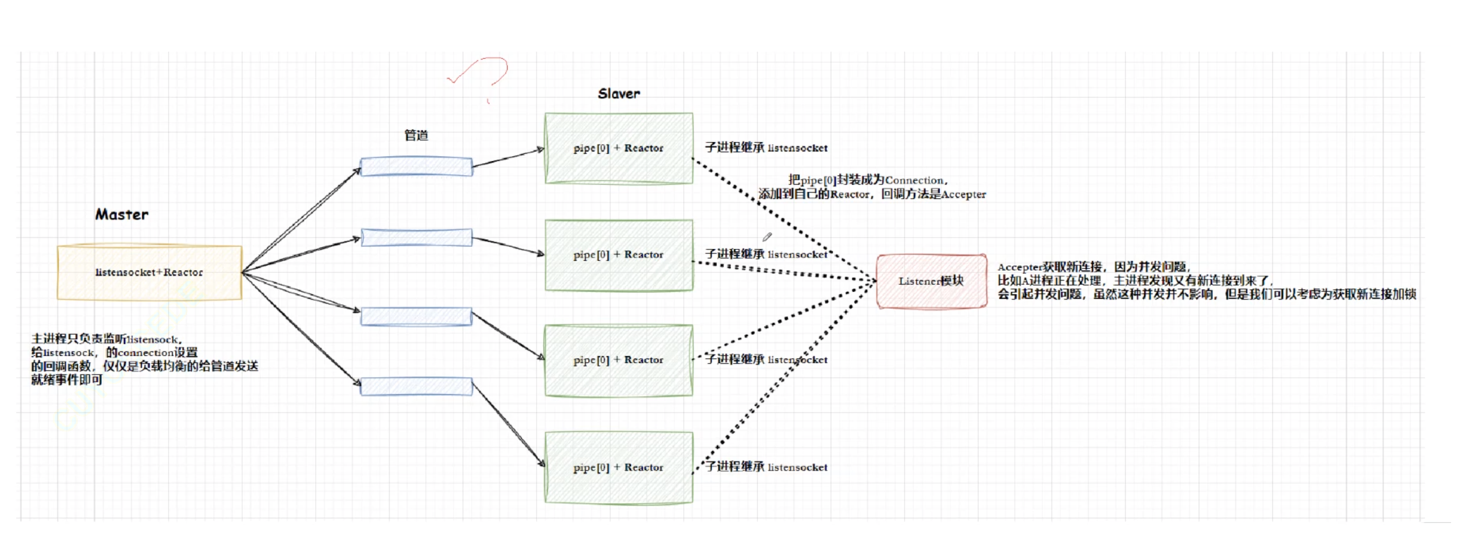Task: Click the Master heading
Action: pos(122,215)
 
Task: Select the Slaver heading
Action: pos(619,94)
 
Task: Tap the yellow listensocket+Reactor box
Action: pos(149,272)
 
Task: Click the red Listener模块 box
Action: pos(931,281)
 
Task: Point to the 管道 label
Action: pos(416,135)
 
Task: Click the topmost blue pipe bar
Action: pos(416,166)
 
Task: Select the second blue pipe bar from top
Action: pos(416,238)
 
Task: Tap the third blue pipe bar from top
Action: pos(416,317)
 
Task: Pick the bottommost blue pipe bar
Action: pos(416,387)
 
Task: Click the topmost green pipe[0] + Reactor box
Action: pos(619,148)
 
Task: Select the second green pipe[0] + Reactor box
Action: pos(619,255)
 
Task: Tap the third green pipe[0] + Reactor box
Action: pos(619,360)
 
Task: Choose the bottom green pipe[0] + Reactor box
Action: pos(619,468)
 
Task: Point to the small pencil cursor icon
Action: pos(767,237)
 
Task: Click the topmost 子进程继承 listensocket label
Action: pos(766,147)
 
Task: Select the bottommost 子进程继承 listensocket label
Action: pos(766,467)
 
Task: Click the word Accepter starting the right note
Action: pos(1019,267)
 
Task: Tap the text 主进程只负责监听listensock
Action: pos(107,339)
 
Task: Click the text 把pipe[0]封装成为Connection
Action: pos(867,180)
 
